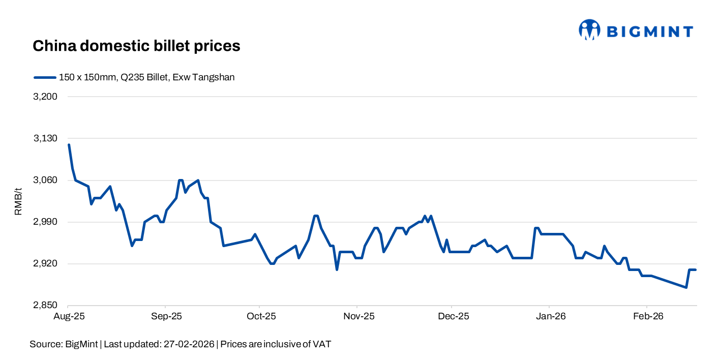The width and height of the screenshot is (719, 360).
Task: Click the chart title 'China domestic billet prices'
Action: [x=136, y=46]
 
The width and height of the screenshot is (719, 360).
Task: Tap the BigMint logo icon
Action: [x=589, y=30]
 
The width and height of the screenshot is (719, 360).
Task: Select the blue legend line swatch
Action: [x=45, y=77]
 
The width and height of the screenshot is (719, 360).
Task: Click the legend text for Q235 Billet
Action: [x=147, y=77]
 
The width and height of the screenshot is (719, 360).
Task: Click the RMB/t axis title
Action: [x=18, y=201]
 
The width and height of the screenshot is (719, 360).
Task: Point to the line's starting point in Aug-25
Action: [x=69, y=145]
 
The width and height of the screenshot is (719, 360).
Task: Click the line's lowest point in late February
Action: [x=686, y=287]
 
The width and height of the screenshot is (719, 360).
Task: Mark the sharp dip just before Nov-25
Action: [x=337, y=269]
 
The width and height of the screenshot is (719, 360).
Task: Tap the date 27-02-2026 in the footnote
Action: [x=188, y=344]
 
